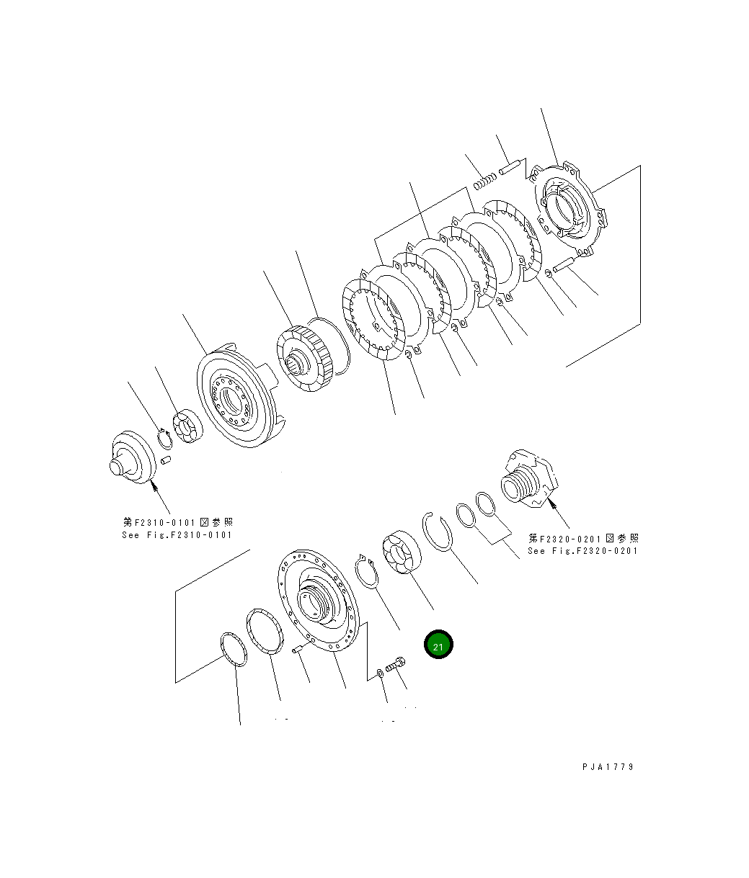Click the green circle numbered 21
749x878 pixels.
tap(438, 645)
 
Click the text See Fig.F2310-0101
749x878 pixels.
tap(177, 534)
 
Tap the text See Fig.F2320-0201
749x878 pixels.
tap(582, 550)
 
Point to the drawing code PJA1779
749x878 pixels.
tap(608, 767)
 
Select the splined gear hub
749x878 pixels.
tap(303, 359)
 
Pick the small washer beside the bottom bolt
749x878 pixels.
tap(380, 673)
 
